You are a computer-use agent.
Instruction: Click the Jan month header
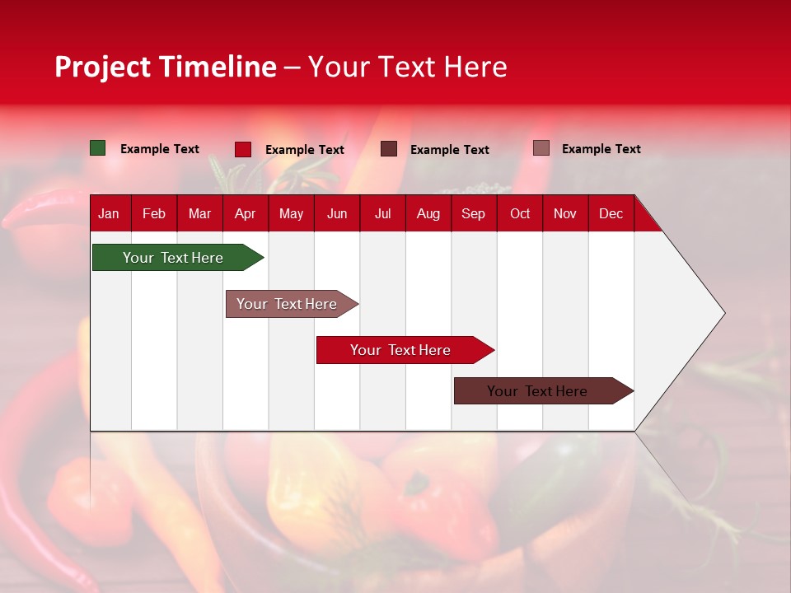point(109,213)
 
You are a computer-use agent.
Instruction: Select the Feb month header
point(154,213)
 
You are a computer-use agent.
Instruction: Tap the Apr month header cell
point(245,213)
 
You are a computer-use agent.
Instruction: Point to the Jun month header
point(337,213)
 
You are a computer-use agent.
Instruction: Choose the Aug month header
point(428,213)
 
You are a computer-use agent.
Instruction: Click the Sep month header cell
point(473,213)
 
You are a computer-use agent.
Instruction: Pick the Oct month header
point(520,213)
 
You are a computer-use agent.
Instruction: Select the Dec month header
point(611,213)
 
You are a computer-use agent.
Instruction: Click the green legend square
point(98,148)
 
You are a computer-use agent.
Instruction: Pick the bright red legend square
point(243,149)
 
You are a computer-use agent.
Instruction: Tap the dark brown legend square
point(389,149)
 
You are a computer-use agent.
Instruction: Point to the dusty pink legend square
point(541,148)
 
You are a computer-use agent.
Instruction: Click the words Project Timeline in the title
point(166,67)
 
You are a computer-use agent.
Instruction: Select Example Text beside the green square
point(160,149)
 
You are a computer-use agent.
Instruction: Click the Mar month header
point(199,213)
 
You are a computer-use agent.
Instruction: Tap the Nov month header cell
point(565,213)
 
